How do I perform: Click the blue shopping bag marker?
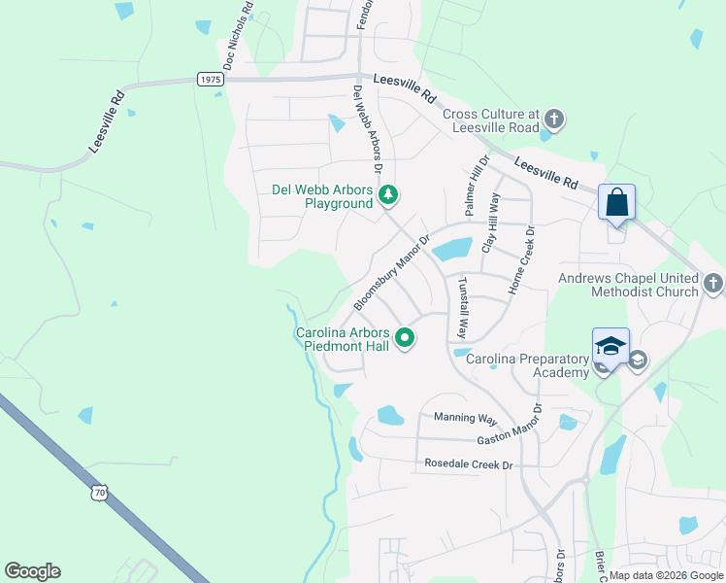[616, 203]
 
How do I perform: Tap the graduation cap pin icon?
[610, 347]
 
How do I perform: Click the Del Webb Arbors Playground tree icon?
[388, 195]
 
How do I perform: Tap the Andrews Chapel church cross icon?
[713, 284]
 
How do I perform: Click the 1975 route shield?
[209, 80]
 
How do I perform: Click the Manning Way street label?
[465, 418]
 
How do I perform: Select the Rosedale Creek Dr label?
[468, 464]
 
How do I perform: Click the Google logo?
[32, 571]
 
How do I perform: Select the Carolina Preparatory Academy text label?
[528, 365]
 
